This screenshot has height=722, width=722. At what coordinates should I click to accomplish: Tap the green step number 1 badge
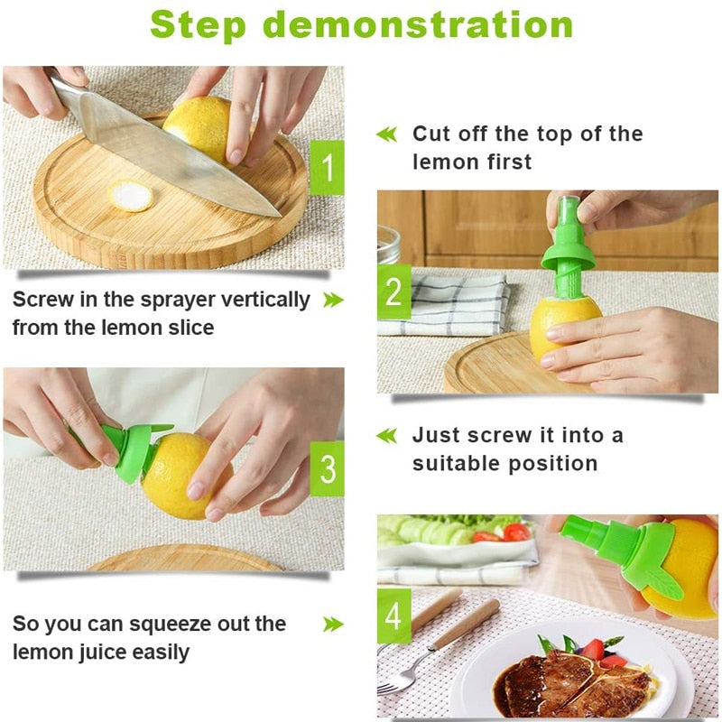(327, 168)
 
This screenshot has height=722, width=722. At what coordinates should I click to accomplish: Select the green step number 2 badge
(393, 292)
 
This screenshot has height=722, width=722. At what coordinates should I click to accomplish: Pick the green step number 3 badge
(327, 468)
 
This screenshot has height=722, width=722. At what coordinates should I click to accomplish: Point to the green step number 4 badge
(393, 616)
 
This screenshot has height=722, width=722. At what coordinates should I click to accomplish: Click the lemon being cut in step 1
(200, 126)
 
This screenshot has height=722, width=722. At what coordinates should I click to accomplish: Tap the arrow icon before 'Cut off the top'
(386, 134)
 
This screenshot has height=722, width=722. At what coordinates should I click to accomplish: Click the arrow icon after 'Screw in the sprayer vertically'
(333, 300)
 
